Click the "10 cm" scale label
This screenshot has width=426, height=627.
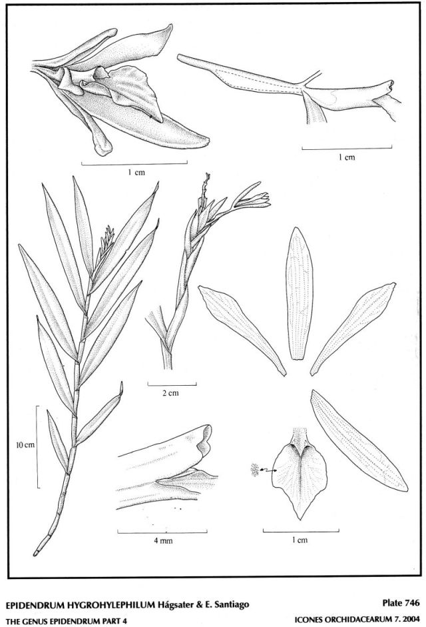[25, 444]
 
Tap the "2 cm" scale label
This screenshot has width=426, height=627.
[170, 393]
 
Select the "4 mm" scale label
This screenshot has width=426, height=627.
[163, 540]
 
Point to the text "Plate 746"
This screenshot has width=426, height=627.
[401, 603]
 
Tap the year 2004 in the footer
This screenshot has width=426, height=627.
[411, 620]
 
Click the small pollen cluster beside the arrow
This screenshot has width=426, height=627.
[254, 470]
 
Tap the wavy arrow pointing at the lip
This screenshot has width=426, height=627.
[268, 470]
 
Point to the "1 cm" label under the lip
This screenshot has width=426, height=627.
[300, 540]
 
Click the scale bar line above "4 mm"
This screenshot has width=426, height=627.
[162, 532]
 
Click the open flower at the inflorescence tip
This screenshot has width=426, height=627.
[252, 199]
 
